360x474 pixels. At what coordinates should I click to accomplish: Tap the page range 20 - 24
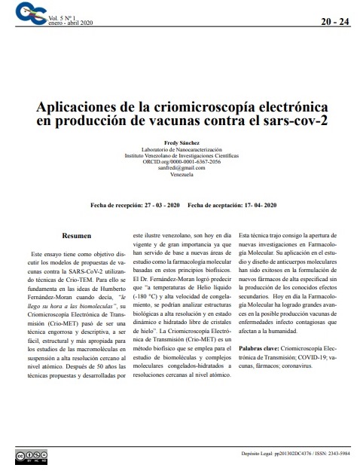click(334, 21)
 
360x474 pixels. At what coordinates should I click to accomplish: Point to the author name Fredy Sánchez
click(181, 142)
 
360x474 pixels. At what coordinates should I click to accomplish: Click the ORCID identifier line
click(181, 161)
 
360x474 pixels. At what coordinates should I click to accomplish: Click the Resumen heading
click(77, 236)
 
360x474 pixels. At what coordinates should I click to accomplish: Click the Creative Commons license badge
click(29, 456)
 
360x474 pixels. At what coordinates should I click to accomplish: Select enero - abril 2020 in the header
click(72, 23)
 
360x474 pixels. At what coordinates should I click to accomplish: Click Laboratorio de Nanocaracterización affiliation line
click(181, 148)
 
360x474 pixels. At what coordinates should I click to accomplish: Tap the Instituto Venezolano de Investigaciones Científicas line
click(181, 155)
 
